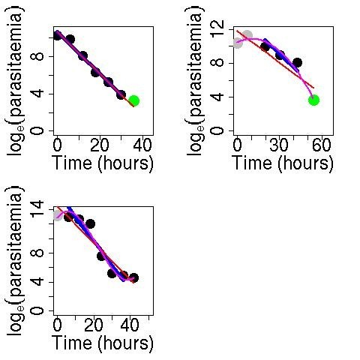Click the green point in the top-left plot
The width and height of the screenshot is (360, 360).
click(133, 100)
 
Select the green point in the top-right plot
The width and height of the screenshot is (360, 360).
click(313, 100)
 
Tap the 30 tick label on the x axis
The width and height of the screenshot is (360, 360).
click(280, 145)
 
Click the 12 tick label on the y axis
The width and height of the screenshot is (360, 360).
click(217, 31)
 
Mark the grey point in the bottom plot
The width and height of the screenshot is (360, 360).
click(58, 214)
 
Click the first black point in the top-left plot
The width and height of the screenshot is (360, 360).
click(58, 35)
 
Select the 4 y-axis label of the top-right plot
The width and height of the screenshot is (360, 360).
click(217, 97)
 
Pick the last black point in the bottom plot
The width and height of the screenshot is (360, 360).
click(133, 277)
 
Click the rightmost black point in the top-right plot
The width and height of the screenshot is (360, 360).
click(297, 63)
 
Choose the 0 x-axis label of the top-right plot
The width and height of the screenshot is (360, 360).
click(238, 145)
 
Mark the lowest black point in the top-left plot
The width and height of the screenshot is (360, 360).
click(121, 94)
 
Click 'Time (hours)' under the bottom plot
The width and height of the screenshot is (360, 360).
click(103, 343)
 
